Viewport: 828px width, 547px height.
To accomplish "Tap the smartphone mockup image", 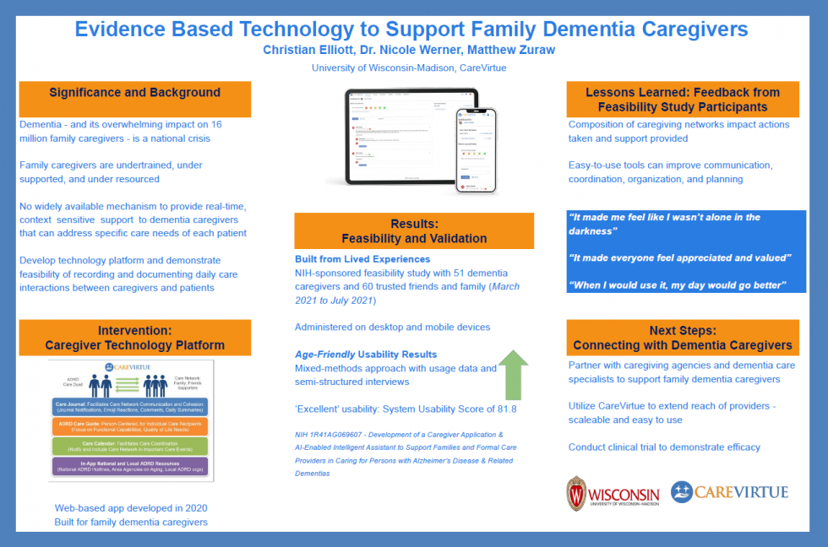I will [x=476, y=151].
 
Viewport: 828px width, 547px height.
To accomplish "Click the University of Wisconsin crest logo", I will [x=576, y=493].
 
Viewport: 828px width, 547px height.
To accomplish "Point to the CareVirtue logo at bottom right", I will [x=729, y=492].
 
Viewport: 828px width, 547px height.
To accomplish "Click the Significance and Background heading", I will [x=134, y=93].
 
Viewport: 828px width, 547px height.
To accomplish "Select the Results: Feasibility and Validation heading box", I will [x=414, y=230].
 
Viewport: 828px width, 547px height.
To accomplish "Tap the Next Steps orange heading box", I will [x=683, y=338].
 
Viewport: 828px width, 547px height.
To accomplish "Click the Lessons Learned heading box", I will [x=683, y=100].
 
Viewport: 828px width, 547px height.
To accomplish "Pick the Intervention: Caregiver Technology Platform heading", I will [x=134, y=338].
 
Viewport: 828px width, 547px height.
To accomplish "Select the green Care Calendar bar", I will [x=130, y=445].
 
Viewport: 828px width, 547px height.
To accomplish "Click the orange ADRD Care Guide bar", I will [x=130, y=427].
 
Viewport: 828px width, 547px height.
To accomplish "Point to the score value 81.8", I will [x=503, y=409].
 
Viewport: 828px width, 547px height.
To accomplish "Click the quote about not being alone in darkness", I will [x=663, y=224].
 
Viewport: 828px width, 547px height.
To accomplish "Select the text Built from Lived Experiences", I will [x=362, y=259].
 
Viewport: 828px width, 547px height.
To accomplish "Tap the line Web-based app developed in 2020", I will [x=131, y=508].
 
